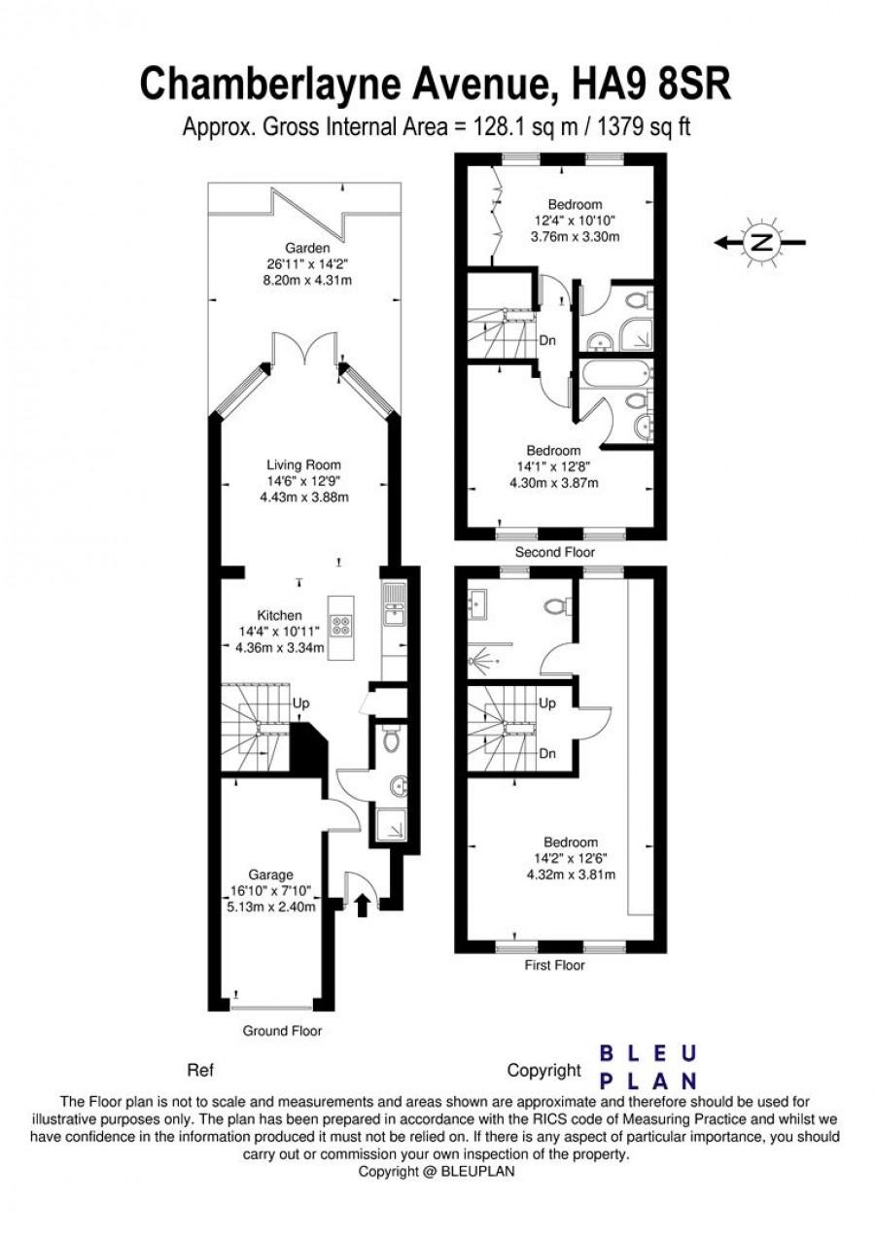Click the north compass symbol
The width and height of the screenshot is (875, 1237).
tap(763, 242)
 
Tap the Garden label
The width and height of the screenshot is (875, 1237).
tap(307, 248)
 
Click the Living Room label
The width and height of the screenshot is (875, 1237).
tap(303, 465)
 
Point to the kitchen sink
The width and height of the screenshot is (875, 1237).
tap(394, 603)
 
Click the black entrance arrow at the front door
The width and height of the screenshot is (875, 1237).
tap(362, 906)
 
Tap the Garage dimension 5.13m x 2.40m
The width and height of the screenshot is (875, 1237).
tap(271, 907)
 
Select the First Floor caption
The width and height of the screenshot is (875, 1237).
tap(554, 965)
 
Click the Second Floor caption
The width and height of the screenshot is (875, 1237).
tap(554, 552)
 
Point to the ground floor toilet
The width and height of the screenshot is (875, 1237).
tap(392, 739)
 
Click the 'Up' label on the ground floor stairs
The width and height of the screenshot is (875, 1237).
tap(301, 703)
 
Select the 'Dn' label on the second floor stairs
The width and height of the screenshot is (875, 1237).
tap(547, 340)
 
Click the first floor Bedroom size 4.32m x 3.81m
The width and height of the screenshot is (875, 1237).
tap(571, 875)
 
